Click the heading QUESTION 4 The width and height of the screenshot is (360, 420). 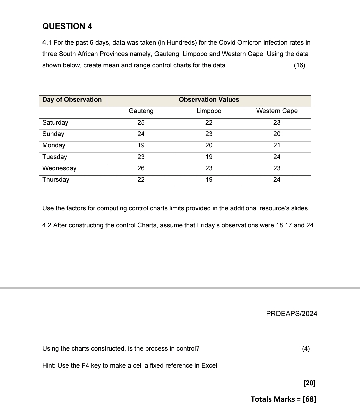click(x=67, y=26)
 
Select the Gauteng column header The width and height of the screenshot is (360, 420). click(x=141, y=111)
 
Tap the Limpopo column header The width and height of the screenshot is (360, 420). click(x=209, y=111)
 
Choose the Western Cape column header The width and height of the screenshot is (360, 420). click(x=277, y=111)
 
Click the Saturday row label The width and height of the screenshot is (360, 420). click(x=55, y=123)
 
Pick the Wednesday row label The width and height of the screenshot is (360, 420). click(x=59, y=168)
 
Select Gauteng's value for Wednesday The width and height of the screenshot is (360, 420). click(x=141, y=168)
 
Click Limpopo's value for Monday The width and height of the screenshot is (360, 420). click(x=209, y=145)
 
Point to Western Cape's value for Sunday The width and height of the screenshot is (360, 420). click(x=277, y=134)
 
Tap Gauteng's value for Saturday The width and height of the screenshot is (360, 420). click(x=141, y=123)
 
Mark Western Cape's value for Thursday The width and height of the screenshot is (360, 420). click(x=277, y=180)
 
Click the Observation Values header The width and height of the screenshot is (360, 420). click(x=209, y=100)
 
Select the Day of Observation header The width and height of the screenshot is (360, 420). click(x=72, y=100)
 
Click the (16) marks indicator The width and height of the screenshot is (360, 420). click(x=299, y=65)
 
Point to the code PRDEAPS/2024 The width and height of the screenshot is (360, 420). click(x=292, y=314)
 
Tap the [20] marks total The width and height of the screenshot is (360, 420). click(x=309, y=383)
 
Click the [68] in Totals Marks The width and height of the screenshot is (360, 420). click(x=309, y=399)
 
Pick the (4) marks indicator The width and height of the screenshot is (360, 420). click(x=306, y=349)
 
